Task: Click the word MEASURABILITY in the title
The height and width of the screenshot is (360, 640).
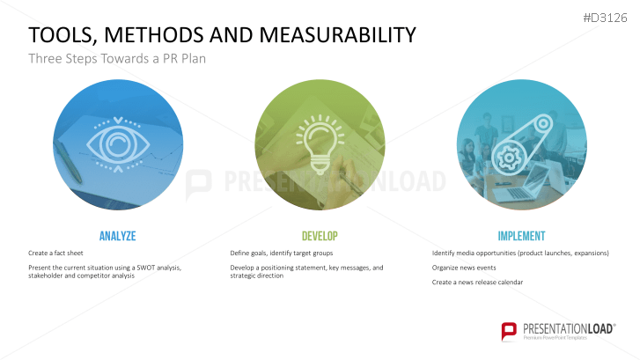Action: tap(337, 34)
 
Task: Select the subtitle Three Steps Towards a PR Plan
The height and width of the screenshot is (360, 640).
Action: tap(117, 59)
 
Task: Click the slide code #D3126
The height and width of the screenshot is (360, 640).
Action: tap(605, 18)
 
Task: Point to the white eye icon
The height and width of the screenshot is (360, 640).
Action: tap(118, 144)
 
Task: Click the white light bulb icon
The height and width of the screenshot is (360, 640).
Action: tap(320, 145)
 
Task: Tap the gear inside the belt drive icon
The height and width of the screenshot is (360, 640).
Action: tap(508, 158)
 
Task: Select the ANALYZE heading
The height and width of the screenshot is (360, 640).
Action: tap(118, 236)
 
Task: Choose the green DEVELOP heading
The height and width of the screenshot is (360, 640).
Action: tap(320, 236)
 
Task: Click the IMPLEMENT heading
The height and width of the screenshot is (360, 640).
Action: tap(522, 236)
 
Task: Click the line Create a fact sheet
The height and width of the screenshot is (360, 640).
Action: tap(55, 253)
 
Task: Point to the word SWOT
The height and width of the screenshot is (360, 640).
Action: tap(146, 268)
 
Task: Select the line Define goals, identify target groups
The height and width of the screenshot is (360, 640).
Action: tap(282, 253)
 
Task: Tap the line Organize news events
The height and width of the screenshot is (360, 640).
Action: tap(464, 268)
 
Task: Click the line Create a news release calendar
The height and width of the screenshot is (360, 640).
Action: tap(477, 282)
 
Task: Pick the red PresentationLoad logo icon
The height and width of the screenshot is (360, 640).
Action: tap(509, 331)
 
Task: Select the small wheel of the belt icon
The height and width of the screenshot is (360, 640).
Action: tap(543, 123)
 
